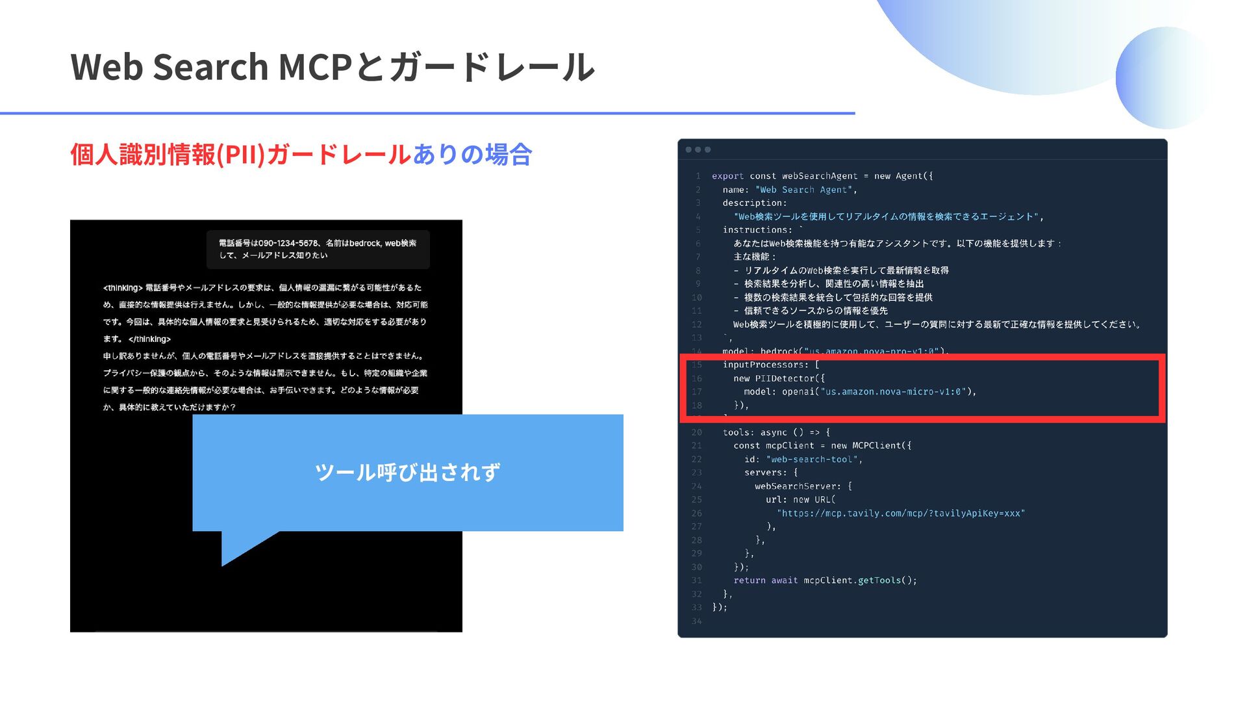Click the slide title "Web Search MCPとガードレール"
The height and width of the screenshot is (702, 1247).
click(332, 67)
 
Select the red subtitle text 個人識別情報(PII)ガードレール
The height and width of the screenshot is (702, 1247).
click(240, 155)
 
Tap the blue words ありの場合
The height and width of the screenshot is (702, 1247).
click(472, 155)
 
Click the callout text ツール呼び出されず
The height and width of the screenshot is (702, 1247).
click(407, 473)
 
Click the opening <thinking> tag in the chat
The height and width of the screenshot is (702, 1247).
click(122, 288)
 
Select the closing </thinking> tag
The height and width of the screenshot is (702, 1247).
click(149, 339)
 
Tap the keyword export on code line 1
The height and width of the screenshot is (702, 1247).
click(727, 176)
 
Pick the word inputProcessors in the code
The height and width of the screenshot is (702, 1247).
click(765, 365)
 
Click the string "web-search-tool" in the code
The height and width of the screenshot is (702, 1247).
click(812, 460)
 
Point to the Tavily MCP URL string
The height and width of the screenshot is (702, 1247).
click(901, 513)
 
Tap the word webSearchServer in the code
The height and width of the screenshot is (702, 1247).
click(798, 486)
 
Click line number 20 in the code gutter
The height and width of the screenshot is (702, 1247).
click(696, 432)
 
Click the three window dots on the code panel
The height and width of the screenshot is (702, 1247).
click(698, 149)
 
